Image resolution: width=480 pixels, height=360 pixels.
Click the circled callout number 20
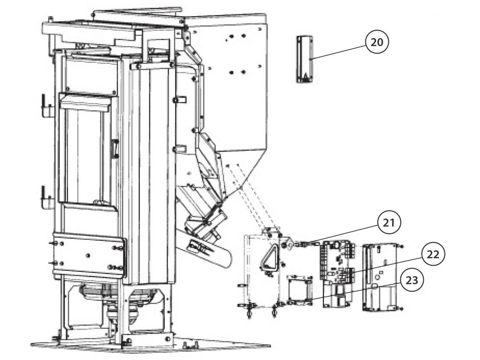(377, 42)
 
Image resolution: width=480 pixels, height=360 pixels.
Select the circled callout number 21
(389, 223)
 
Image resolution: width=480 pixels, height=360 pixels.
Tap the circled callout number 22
(433, 255)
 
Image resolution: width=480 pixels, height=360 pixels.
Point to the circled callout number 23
(412, 280)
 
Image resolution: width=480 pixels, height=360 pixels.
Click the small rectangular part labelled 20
(305, 59)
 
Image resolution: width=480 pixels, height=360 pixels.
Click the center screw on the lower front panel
(87, 255)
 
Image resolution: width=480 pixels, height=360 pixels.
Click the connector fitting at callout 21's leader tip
(300, 244)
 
